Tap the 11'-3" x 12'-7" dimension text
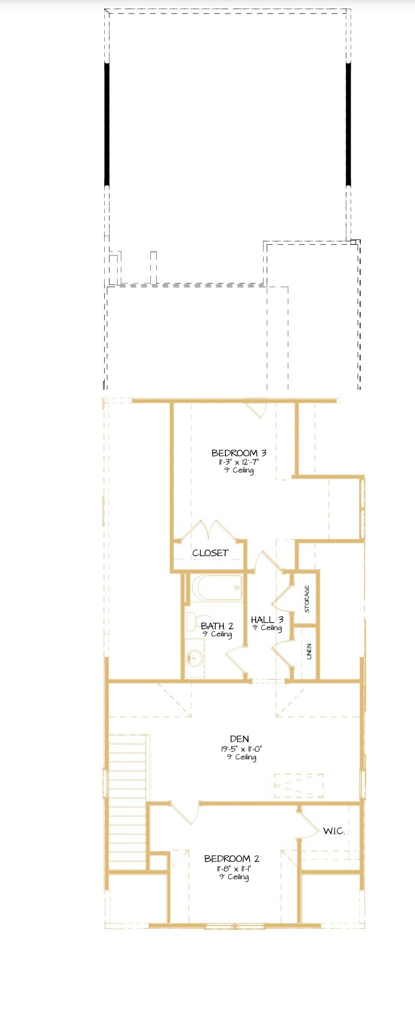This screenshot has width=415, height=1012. (239, 462)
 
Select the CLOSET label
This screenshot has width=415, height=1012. (210, 553)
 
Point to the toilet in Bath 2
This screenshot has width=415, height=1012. (192, 622)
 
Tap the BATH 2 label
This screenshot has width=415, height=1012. (217, 626)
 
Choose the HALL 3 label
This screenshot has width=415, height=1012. (267, 620)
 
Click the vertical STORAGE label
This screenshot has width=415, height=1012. (307, 599)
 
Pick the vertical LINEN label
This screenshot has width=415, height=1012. (309, 652)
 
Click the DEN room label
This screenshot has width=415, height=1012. (239, 739)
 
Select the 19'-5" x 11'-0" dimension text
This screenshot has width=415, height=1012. (241, 748)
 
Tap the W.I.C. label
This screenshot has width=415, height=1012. (333, 831)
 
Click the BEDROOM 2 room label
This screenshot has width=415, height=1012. (235, 858)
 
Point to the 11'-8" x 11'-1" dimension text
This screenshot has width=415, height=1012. (235, 868)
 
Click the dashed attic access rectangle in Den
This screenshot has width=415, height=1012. (298, 785)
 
